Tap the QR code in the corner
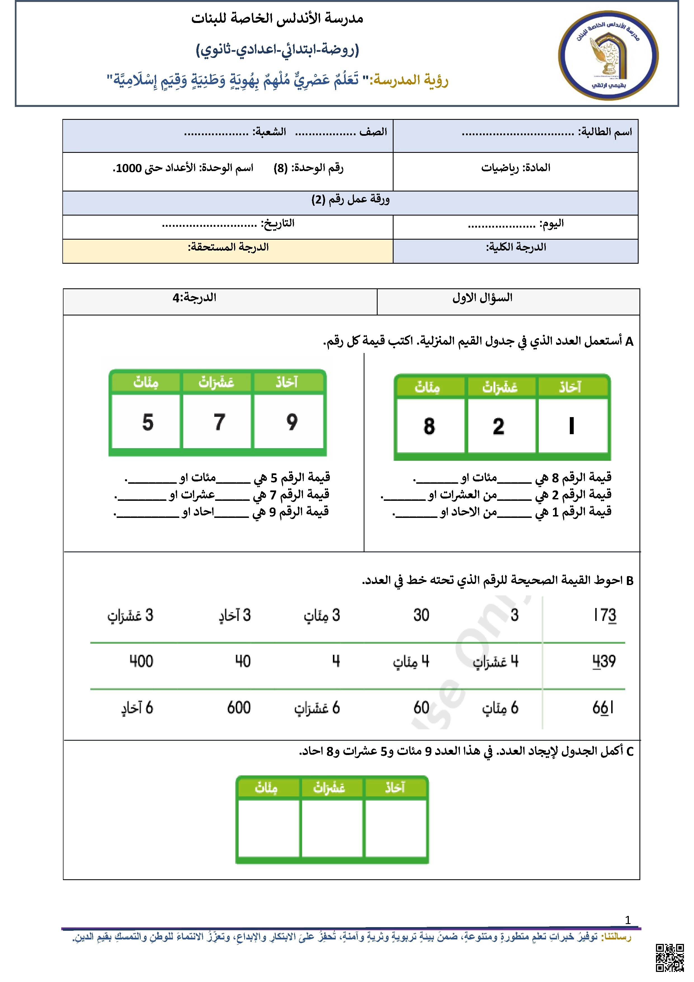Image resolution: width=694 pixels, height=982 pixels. click(x=670, y=958)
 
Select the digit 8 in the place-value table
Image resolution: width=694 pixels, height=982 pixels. click(x=429, y=426)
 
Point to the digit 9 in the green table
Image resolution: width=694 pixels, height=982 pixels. click(x=292, y=422)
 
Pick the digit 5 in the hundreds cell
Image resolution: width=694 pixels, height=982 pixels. click(x=147, y=422)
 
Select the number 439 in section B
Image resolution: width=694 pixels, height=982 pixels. click(x=604, y=661)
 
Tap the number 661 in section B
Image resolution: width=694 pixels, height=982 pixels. click(x=603, y=708)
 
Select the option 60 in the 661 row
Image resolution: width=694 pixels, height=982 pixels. click(x=421, y=708)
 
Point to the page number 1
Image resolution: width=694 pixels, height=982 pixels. click(x=627, y=920)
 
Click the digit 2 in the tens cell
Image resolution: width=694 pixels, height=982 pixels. click(x=498, y=426)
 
